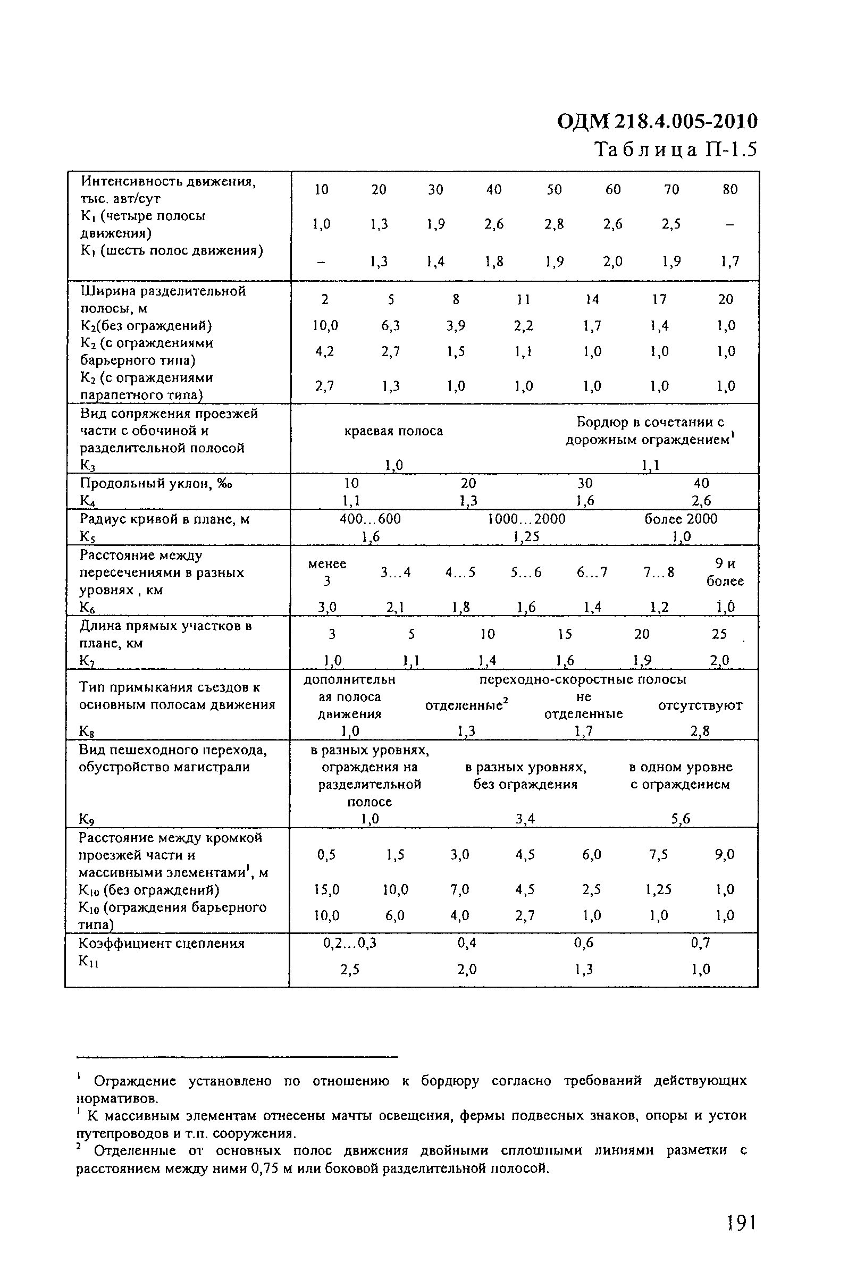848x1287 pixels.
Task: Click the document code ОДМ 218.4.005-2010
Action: click(657, 122)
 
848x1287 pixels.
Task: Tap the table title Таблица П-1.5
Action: click(676, 149)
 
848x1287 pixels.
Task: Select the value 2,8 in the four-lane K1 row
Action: click(554, 224)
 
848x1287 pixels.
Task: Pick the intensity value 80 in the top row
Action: click(729, 189)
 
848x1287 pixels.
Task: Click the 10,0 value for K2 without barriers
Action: click(325, 325)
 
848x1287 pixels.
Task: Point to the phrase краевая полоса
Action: click(394, 431)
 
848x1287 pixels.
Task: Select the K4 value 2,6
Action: click(701, 501)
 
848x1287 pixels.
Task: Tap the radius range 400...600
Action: click(370, 519)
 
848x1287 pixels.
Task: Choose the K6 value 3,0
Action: click(326, 607)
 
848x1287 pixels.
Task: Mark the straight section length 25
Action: click(719, 634)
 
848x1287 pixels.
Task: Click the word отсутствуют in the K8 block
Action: click(700, 705)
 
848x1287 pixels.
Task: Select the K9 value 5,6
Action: click(681, 819)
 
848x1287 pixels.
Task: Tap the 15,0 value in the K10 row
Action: click(326, 889)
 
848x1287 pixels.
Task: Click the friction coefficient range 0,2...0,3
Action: click(349, 943)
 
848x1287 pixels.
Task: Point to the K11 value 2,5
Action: click(350, 970)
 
